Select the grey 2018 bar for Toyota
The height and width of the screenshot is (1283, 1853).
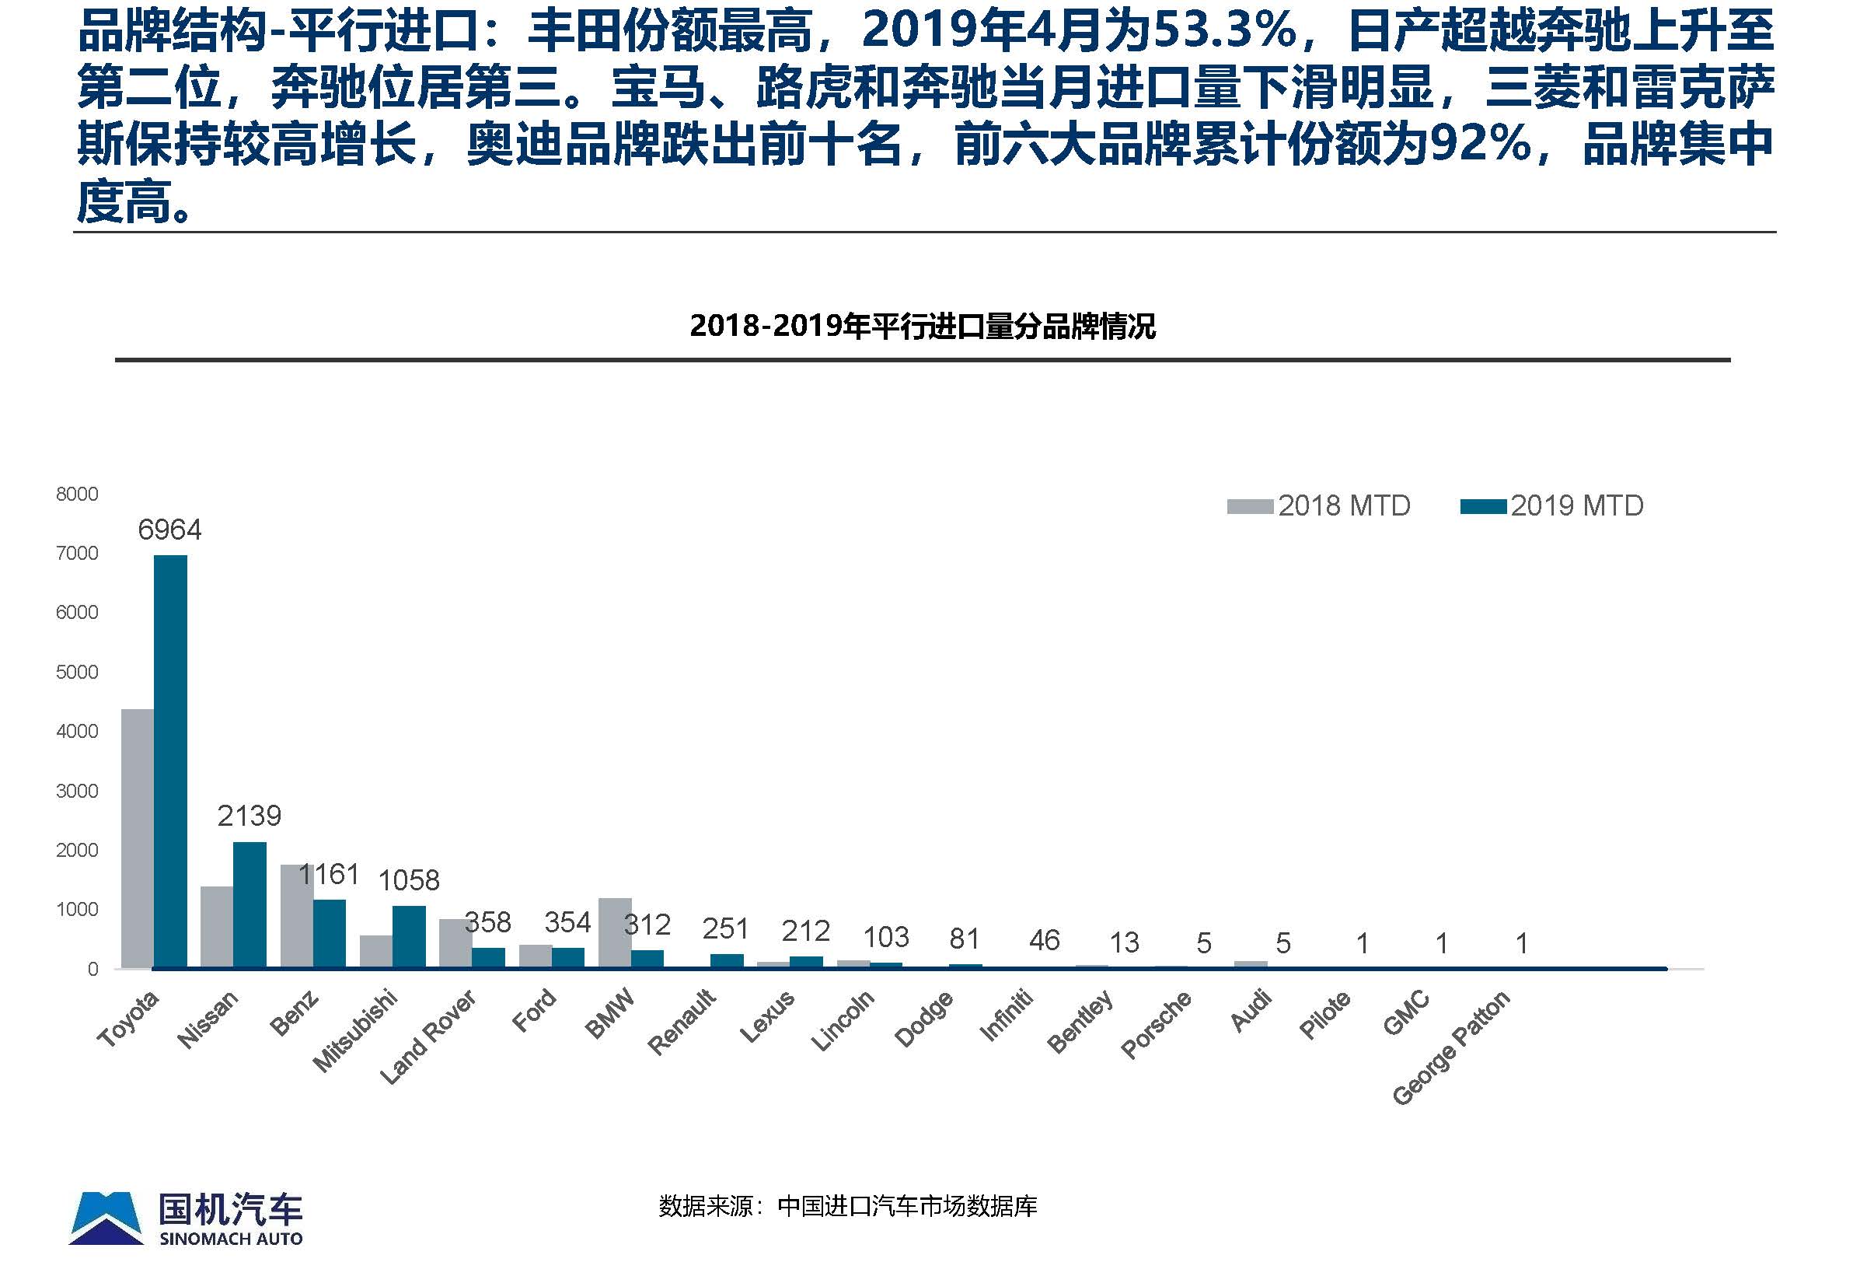[138, 837]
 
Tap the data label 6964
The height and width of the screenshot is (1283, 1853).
[169, 530]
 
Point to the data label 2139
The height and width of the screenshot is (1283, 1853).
[249, 816]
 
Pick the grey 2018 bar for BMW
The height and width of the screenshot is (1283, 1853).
[615, 932]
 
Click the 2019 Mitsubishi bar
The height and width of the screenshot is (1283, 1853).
[409, 936]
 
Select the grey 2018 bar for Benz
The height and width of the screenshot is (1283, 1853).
[295, 917]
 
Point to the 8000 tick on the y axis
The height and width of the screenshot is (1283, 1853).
[77, 494]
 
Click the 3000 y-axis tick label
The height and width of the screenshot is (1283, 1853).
[77, 791]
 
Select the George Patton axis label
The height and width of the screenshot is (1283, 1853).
[1451, 1049]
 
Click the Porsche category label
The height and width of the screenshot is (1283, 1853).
[1156, 1025]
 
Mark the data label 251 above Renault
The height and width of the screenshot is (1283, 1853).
[725, 928]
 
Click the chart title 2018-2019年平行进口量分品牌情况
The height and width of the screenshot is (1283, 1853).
[923, 327]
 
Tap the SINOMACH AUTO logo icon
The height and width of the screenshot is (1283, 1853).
[106, 1217]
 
